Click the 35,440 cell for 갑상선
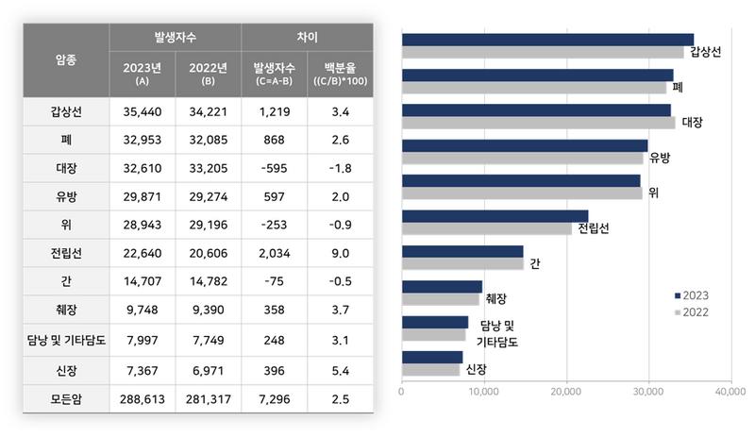click(143, 111)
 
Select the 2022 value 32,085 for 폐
click(209, 141)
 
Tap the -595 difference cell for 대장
click(275, 169)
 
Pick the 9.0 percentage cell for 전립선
click(341, 254)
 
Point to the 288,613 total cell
click(143, 399)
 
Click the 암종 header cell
click(66, 59)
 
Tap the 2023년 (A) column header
click(143, 74)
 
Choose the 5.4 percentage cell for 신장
click(341, 369)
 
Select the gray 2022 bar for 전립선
click(486, 228)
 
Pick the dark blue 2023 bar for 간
click(461, 251)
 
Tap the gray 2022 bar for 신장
click(430, 369)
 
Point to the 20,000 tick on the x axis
click(565, 390)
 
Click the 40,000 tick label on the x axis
click(730, 390)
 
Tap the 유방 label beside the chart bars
click(660, 158)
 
